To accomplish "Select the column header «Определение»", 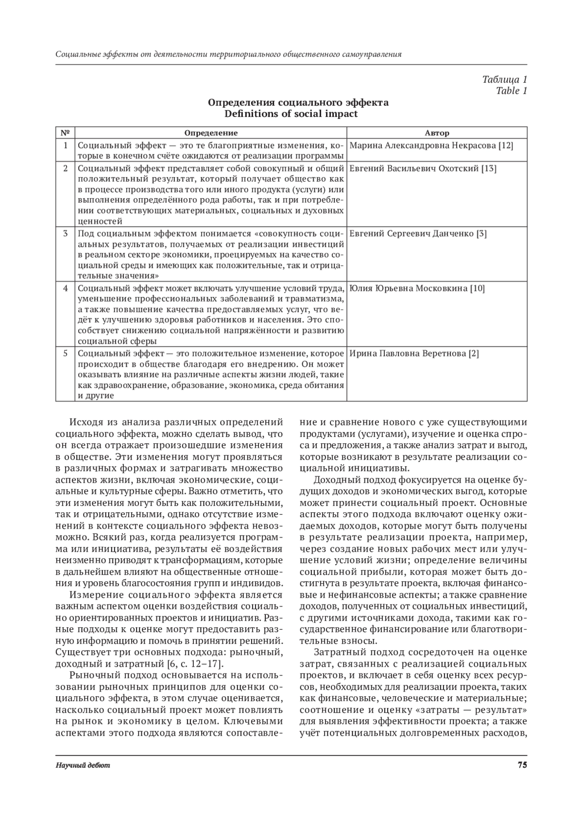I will pyautogui.click(x=211, y=133).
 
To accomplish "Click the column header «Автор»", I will pyautogui.click(x=437, y=133).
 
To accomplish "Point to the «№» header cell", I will pyautogui.click(x=65, y=133).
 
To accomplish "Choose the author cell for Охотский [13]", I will pyautogui.click(x=423, y=168).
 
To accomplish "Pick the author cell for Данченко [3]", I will pyautogui.click(x=418, y=234).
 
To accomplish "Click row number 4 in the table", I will pyautogui.click(x=65, y=288).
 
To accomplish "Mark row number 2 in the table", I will pyautogui.click(x=65, y=168).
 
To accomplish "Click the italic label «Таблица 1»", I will pyautogui.click(x=504, y=79).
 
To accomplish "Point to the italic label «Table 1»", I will pyautogui.click(x=511, y=90).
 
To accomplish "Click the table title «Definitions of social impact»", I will pyautogui.click(x=291, y=114).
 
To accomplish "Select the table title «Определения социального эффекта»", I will pyautogui.click(x=298, y=102).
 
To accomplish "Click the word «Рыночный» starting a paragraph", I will pyautogui.click(x=92, y=675).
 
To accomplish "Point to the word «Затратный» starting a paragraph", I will pyautogui.click(x=337, y=652).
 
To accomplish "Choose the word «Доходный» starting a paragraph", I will pyautogui.click(x=335, y=480).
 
